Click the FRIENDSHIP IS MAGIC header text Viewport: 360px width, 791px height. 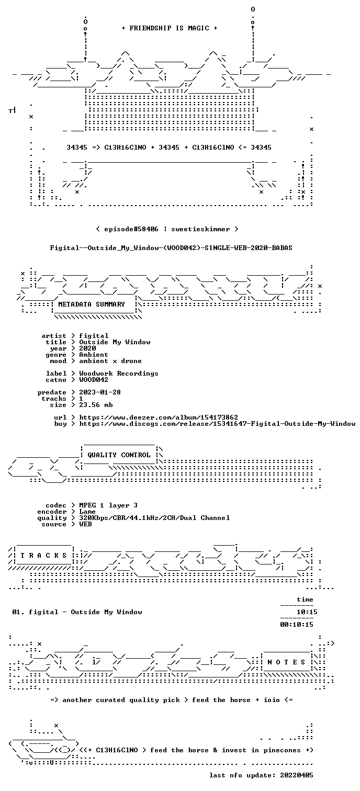[x=170, y=28]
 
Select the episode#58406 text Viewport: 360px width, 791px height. [x=131, y=229]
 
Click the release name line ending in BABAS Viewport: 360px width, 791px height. [x=171, y=248]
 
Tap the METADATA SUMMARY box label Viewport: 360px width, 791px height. [x=92, y=304]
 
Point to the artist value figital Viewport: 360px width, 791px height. [x=94, y=336]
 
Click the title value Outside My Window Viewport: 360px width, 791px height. [x=115, y=342]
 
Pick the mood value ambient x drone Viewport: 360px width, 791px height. [x=110, y=361]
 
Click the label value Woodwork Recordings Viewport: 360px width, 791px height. [x=119, y=374]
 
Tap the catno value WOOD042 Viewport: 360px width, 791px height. [x=94, y=380]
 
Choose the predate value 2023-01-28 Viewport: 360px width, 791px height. [x=100, y=392]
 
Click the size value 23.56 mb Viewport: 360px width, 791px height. [x=96, y=405]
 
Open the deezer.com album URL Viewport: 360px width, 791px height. [x=159, y=417]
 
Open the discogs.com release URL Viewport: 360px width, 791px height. [x=217, y=424]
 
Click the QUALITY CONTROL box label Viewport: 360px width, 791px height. [x=119, y=455]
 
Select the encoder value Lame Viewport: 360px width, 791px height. [x=87, y=512]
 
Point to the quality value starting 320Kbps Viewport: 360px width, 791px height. [x=154, y=518]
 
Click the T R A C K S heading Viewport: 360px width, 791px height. [x=43, y=556]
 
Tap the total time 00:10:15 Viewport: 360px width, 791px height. [x=297, y=625]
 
